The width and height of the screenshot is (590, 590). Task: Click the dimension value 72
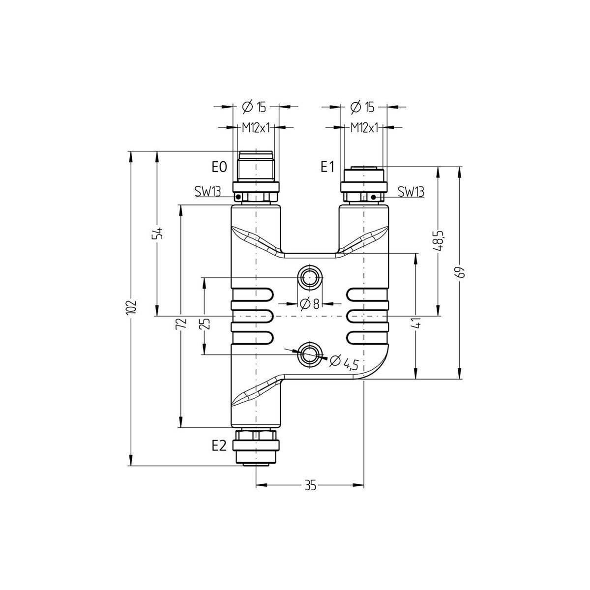coord(181,324)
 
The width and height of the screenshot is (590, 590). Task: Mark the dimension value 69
coord(461,272)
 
